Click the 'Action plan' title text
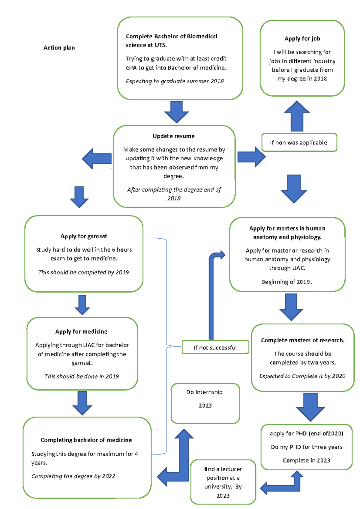click(59, 48)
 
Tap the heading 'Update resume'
click(173, 136)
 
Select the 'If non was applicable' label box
click(299, 143)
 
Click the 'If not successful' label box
click(215, 347)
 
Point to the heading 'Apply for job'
click(302, 39)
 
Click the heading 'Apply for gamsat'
click(84, 236)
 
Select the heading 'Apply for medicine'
click(81, 332)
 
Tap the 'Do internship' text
click(205, 392)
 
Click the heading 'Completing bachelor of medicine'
click(86, 440)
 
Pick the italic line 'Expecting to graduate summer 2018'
click(175, 81)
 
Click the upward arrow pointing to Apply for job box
click(297, 116)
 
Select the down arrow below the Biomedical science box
click(176, 112)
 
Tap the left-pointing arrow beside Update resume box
click(97, 159)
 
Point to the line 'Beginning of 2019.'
click(286, 282)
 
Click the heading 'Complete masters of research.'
click(303, 340)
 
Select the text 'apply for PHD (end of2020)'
click(306, 433)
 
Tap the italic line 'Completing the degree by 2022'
click(73, 476)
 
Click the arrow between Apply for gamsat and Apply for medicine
click(82, 305)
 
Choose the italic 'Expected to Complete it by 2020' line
click(302, 376)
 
